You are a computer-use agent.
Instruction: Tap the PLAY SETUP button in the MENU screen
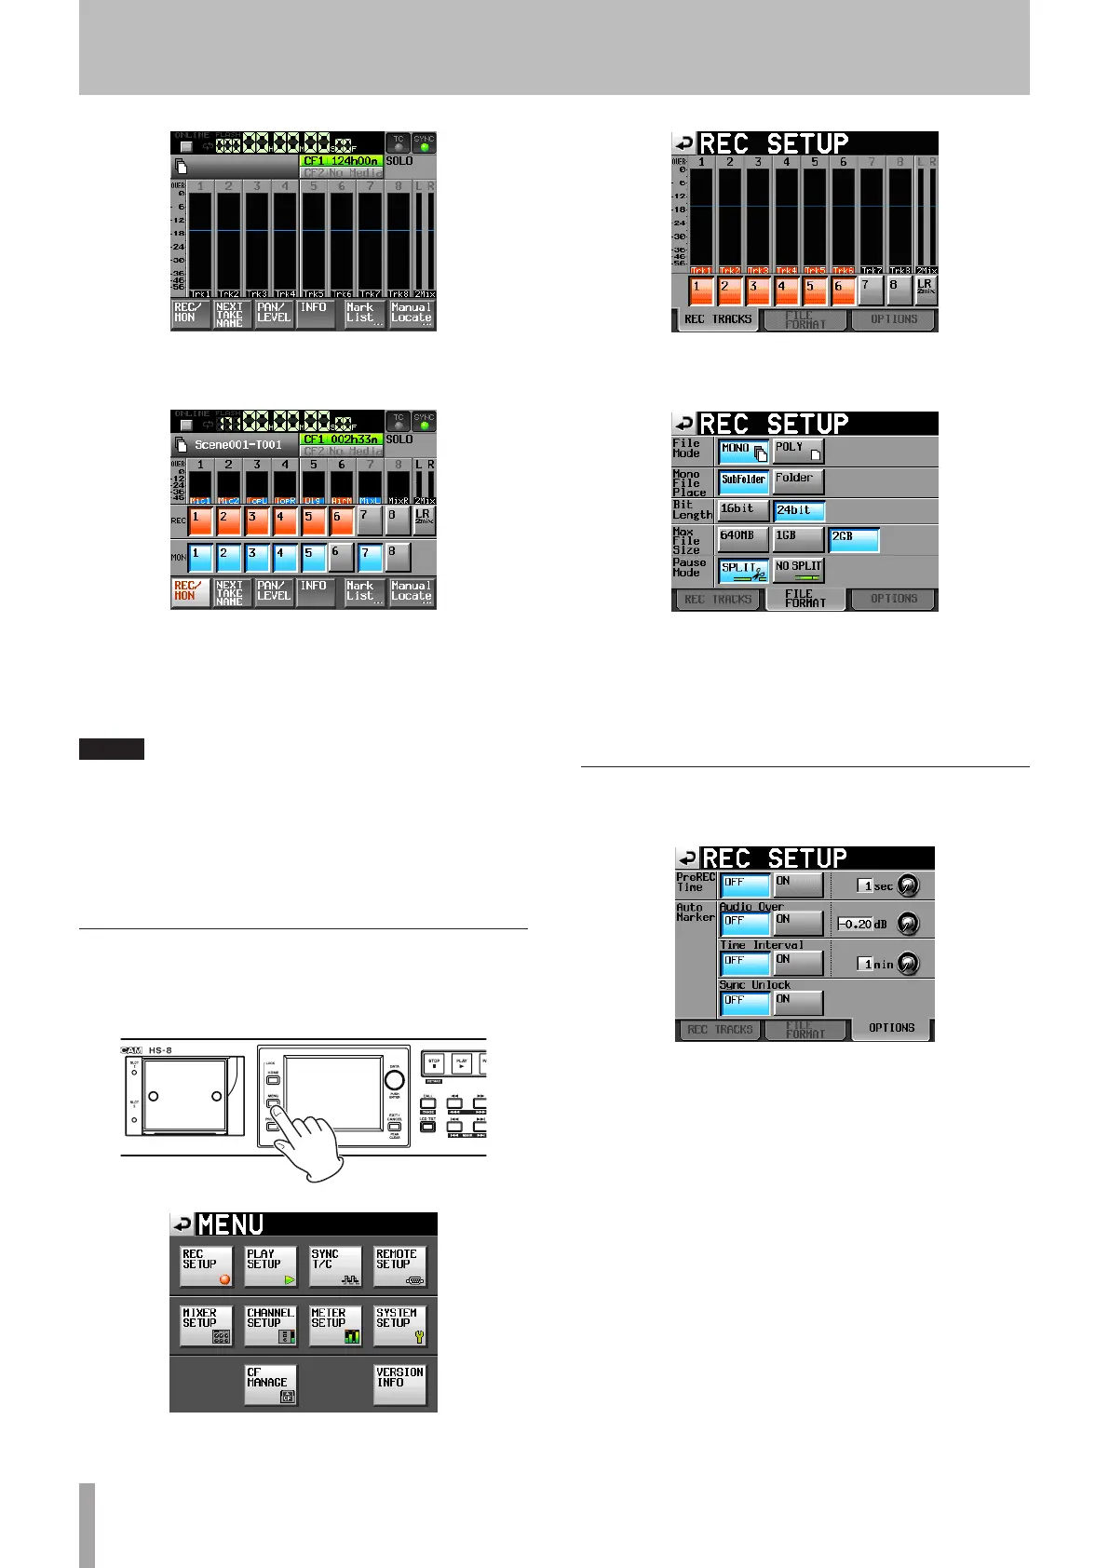270,1267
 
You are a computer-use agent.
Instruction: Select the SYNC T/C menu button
334,1267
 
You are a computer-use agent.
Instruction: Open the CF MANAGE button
270,1385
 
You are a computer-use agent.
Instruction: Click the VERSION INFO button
399,1385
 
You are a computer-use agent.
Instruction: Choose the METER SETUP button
334,1326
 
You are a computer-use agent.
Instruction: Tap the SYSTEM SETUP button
399,1326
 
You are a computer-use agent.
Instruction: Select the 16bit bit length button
743,510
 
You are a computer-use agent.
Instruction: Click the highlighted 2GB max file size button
854,540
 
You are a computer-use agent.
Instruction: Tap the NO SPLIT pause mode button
798,569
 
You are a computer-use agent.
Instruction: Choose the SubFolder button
743,481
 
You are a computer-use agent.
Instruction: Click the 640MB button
743,539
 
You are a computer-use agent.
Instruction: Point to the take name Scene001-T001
237,445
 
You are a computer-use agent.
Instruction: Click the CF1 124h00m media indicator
341,161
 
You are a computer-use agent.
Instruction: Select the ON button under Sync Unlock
798,1003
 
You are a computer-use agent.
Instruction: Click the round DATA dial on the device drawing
395,1080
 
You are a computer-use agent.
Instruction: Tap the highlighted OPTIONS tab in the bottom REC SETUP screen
891,1028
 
